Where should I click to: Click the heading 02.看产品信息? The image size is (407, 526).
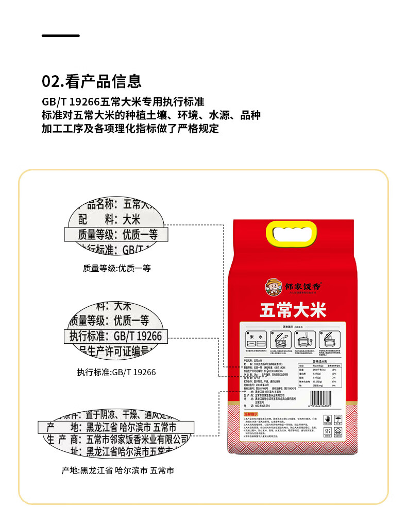pos(91,81)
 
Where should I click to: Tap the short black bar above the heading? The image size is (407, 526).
pos(60,36)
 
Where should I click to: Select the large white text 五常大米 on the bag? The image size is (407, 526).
pos(293,311)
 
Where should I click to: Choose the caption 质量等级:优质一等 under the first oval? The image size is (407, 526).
pos(116,268)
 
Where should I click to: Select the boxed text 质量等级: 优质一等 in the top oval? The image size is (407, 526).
pos(117,235)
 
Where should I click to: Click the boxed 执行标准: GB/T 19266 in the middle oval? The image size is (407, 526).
pos(116,337)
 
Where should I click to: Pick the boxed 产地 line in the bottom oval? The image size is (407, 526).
pos(116,427)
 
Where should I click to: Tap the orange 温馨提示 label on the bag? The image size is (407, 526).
pos(250,413)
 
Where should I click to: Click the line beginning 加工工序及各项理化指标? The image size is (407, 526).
pos(130,128)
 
